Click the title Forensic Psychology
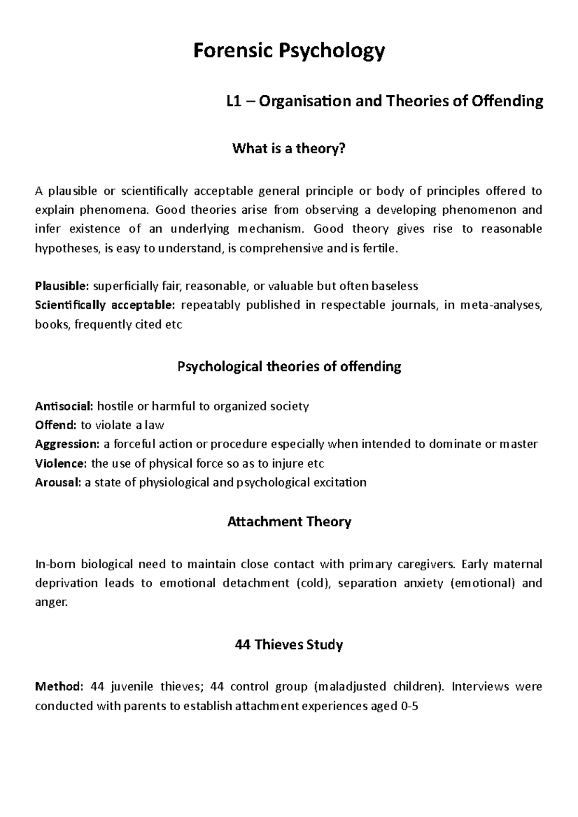(x=289, y=51)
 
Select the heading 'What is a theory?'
(x=289, y=149)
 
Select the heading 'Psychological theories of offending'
(x=289, y=367)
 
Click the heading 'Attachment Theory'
(x=289, y=522)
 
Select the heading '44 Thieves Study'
(x=289, y=645)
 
